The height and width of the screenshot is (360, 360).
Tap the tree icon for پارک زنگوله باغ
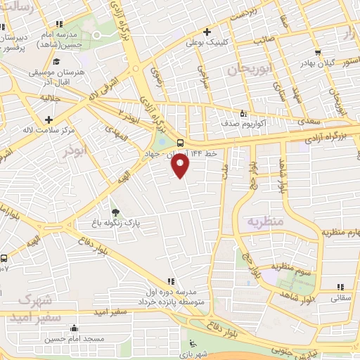[x=115, y=212]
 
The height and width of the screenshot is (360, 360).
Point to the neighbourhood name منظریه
[x=264, y=223]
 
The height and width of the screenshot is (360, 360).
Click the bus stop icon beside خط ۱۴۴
[x=180, y=141]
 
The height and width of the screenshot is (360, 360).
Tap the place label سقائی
[x=340, y=298]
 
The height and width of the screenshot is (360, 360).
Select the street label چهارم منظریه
[x=340, y=231]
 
